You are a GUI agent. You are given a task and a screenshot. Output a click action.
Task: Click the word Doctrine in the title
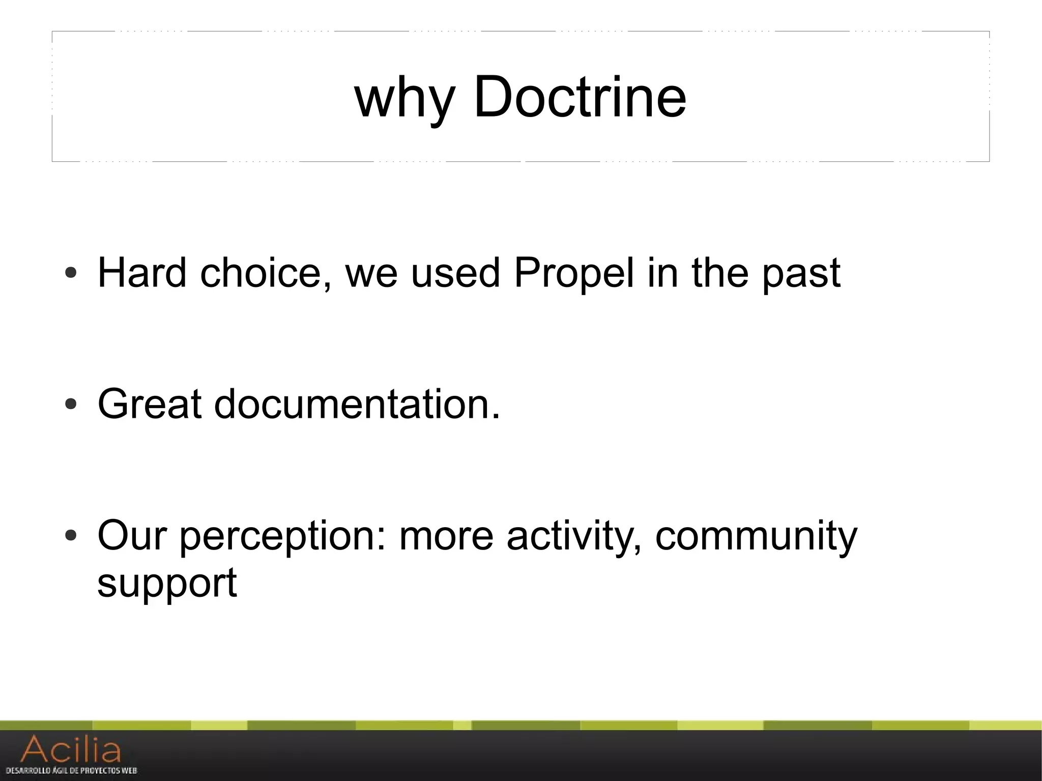[x=580, y=96]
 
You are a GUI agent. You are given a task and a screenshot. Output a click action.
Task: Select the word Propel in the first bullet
[x=574, y=273]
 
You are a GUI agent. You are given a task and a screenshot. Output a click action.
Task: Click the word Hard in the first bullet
[x=142, y=273]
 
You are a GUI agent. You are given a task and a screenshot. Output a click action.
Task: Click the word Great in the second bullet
[x=150, y=404]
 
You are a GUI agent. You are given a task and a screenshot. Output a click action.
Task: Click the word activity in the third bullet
[x=574, y=537]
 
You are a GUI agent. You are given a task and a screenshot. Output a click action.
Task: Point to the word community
[x=756, y=537]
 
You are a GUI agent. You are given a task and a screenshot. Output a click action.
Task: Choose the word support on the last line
[x=167, y=584]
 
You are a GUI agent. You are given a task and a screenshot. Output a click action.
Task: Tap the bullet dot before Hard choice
[x=71, y=274]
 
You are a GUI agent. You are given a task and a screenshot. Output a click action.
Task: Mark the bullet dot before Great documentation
[x=71, y=404]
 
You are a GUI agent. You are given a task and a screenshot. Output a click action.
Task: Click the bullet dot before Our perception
[x=71, y=536]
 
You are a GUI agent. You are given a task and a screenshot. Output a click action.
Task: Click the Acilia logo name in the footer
[x=71, y=749]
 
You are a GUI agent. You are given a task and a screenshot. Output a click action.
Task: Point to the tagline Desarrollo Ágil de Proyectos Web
[x=71, y=770]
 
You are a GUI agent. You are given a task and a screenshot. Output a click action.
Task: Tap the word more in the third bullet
[x=446, y=537]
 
